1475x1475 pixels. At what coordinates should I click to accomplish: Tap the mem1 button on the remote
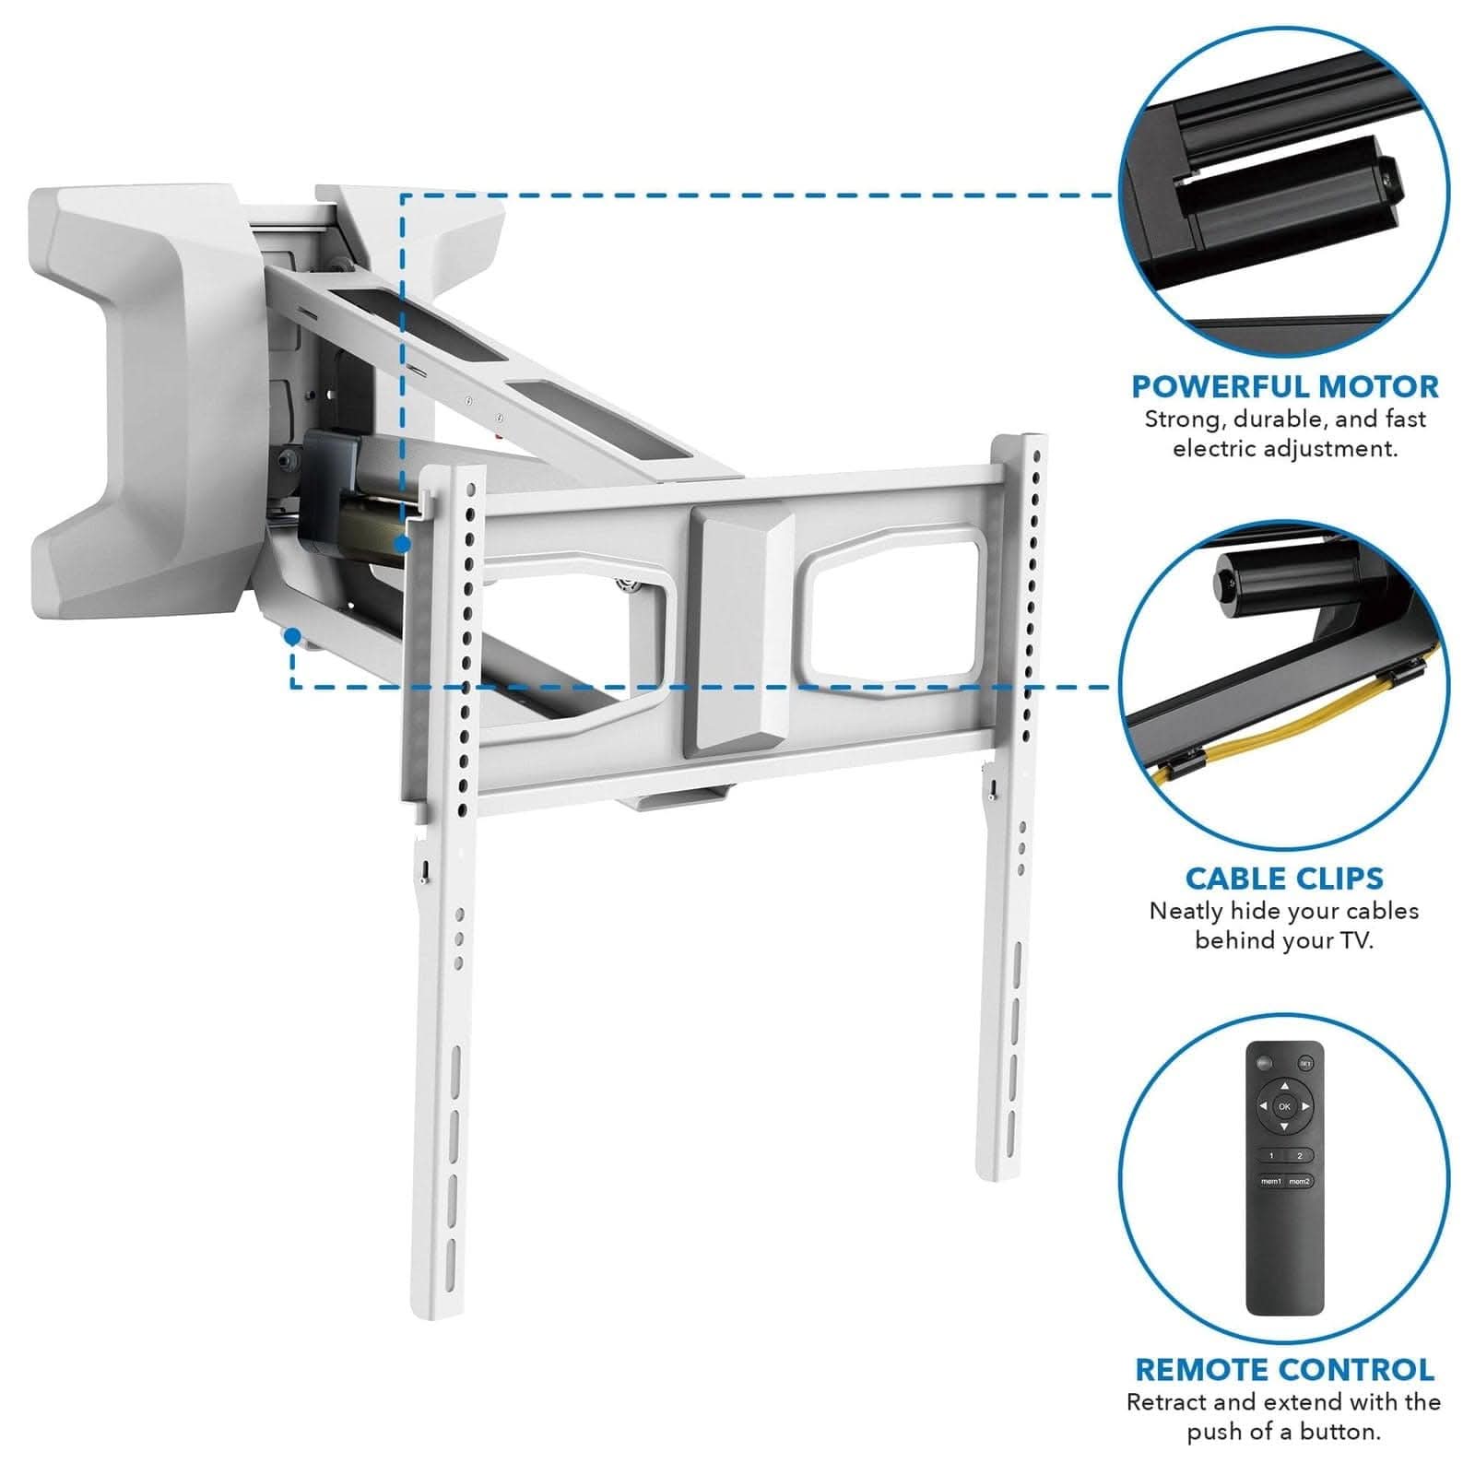[x=1271, y=1181]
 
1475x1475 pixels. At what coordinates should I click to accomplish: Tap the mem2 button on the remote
[x=1299, y=1181]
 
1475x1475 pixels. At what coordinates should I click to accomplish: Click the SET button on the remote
[x=1305, y=1064]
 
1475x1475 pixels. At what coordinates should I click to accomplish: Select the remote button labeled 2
[x=1299, y=1155]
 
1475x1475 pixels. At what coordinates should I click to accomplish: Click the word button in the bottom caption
[x=1340, y=1432]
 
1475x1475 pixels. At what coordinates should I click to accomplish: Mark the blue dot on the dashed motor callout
[x=402, y=545]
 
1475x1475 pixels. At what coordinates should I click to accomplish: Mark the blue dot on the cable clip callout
[x=292, y=635]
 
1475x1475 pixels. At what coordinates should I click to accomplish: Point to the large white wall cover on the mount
[x=138, y=396]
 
